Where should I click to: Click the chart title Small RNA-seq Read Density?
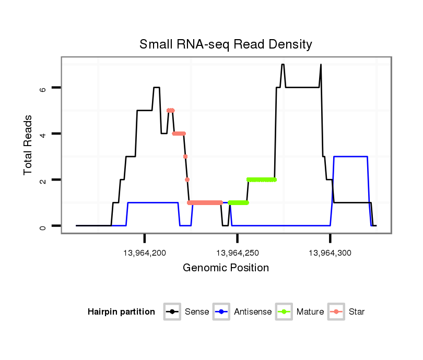(x=226, y=44)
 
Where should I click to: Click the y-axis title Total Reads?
(x=29, y=145)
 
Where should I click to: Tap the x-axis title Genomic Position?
(x=226, y=268)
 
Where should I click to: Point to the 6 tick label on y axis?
(x=43, y=88)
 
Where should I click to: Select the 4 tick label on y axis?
(x=43, y=134)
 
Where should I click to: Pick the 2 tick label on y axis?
(x=43, y=180)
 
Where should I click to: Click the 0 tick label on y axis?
(x=43, y=226)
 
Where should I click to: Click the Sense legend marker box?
(x=172, y=312)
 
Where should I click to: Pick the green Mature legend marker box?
(x=284, y=312)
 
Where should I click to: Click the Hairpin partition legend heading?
(x=121, y=312)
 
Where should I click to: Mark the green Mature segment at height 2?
(x=262, y=179)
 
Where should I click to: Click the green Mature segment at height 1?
(x=238, y=202)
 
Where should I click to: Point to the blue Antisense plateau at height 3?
(x=350, y=157)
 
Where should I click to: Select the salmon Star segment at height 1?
(x=205, y=202)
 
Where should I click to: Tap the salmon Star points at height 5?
(x=170, y=111)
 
